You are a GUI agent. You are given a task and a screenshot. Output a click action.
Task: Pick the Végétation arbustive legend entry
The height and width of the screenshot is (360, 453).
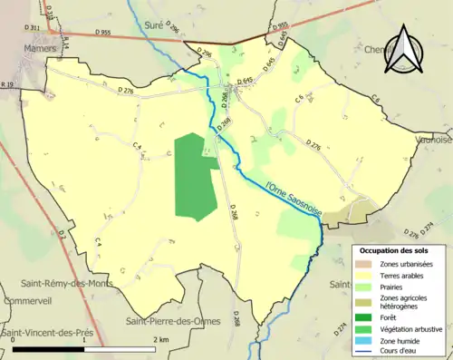click(x=410, y=330)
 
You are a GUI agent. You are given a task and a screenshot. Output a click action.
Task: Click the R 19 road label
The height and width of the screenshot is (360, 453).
click(x=7, y=84)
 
